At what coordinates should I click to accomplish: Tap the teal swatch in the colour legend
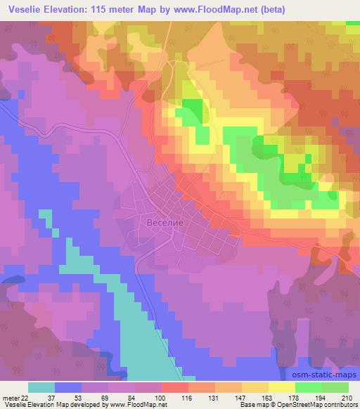pyautogui.click(x=41, y=387)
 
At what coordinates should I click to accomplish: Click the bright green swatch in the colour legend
pyautogui.click(x=309, y=387)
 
